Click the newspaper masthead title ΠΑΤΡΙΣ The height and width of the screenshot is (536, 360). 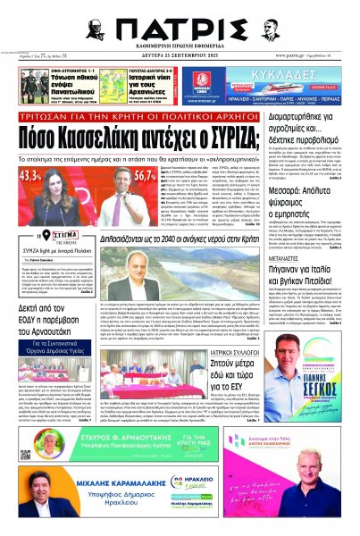point(180,29)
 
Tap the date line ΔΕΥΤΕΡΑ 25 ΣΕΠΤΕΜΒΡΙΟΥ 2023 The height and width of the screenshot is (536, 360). point(180,56)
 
